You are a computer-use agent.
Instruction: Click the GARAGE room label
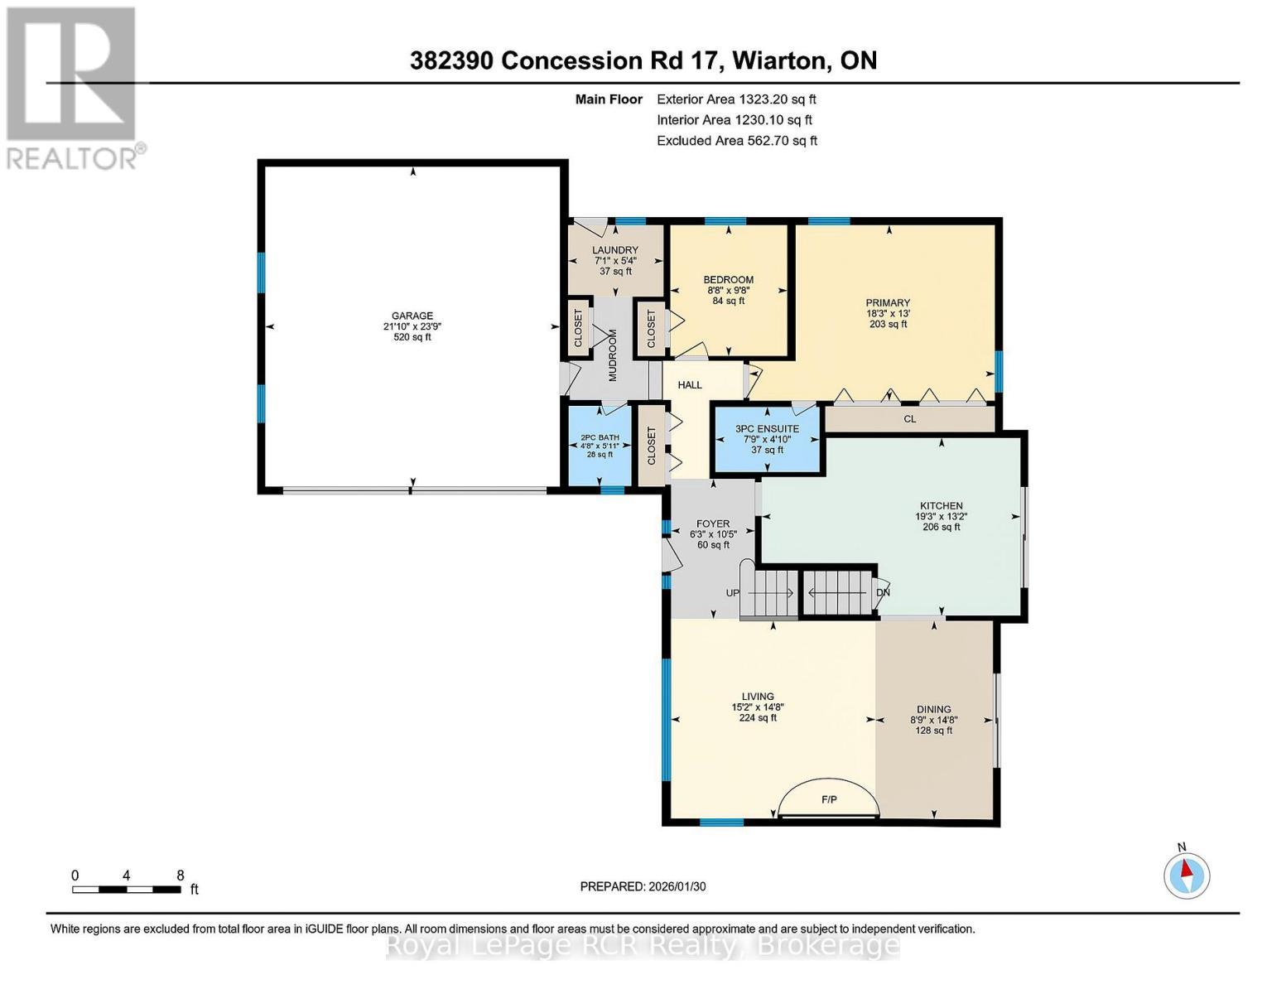tap(412, 316)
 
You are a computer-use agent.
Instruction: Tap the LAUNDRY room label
tap(615, 250)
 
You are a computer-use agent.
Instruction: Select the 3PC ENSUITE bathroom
tap(768, 439)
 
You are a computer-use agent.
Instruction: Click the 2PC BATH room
tap(600, 446)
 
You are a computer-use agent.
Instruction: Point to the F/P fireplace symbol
tap(829, 799)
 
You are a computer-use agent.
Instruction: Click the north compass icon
tap(1187, 875)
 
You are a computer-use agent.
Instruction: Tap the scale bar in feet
tap(127, 890)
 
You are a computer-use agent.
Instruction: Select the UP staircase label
tap(733, 593)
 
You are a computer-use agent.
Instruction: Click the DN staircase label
tap(884, 593)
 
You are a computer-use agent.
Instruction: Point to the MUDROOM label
tap(614, 355)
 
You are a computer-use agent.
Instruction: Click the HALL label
tap(690, 385)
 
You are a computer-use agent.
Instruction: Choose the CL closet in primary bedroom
tap(910, 419)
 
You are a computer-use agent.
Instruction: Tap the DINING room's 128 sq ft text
tap(933, 731)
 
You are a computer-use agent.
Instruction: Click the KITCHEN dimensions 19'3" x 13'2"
tap(942, 516)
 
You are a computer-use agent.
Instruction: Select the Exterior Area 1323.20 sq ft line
tap(736, 99)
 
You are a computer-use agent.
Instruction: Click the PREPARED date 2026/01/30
tap(643, 886)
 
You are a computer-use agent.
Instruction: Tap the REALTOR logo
tap(73, 87)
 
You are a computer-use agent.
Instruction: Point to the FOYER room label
tap(713, 524)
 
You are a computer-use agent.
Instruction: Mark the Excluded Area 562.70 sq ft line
tap(737, 141)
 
